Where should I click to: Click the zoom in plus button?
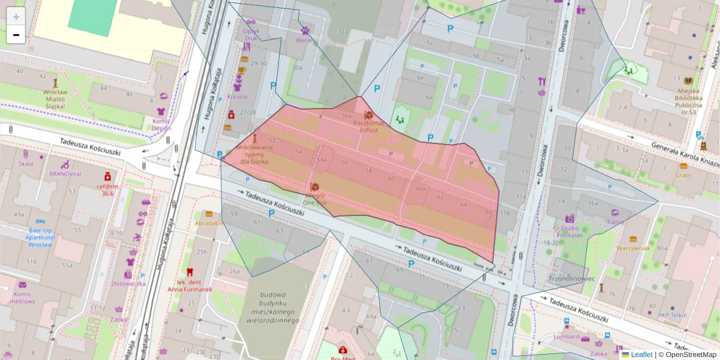tap(16, 17)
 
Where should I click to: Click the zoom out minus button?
tap(16, 35)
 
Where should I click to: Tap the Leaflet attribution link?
tap(642, 355)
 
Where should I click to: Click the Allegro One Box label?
tap(314, 199)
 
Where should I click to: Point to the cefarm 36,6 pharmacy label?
tap(107, 190)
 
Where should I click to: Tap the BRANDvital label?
tap(65, 173)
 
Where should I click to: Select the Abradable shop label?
tap(209, 223)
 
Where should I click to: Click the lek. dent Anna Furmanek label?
tap(190, 286)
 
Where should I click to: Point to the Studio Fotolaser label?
tap(569, 232)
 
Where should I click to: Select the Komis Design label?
tap(161, 124)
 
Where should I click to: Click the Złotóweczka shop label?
tap(128, 283)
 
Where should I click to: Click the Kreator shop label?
tap(238, 96)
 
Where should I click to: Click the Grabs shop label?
tap(683, 175)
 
